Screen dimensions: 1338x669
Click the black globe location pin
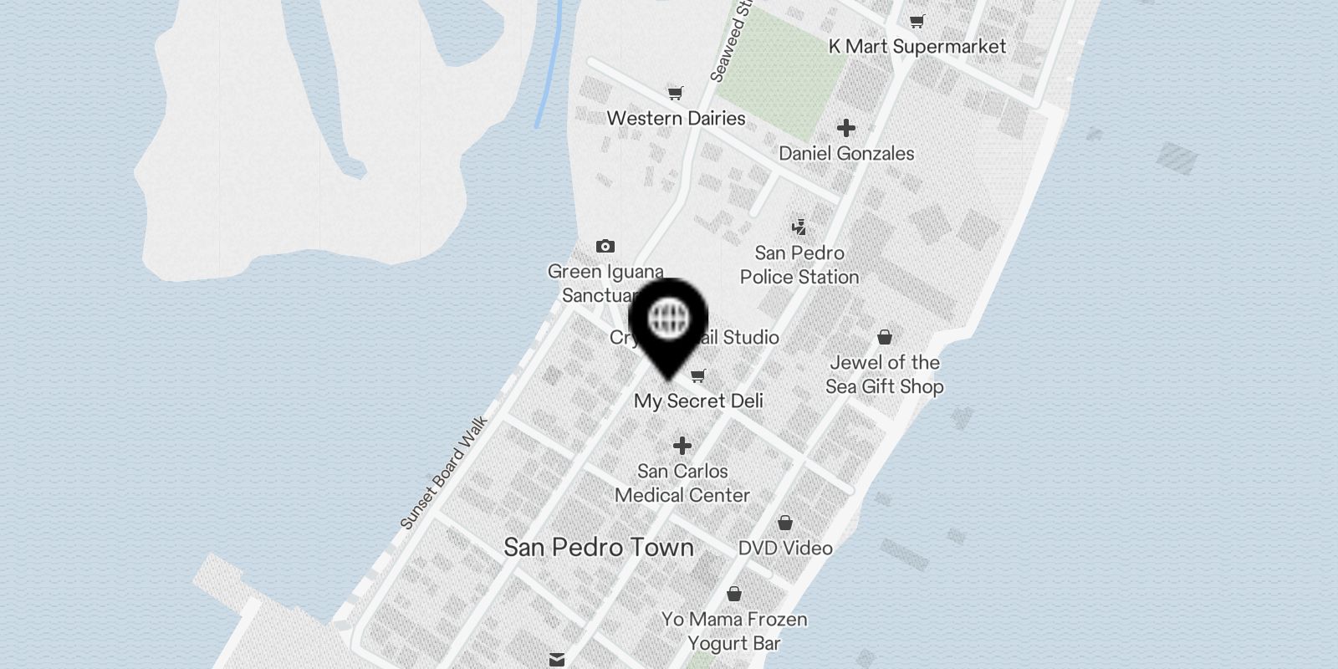point(668,322)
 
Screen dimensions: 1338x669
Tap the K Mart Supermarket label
point(917,47)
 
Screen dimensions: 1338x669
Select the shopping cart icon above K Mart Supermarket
point(917,21)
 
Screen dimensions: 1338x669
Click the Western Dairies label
point(676,118)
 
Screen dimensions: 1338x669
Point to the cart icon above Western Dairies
point(676,93)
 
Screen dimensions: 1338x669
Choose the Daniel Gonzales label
point(846,154)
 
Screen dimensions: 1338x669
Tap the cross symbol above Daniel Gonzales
point(846,128)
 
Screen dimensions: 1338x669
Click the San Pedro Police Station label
point(799,265)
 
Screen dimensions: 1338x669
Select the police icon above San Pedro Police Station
point(799,227)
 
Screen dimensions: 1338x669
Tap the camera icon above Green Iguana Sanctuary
point(605,246)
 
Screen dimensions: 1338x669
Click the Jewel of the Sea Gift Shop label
point(885,375)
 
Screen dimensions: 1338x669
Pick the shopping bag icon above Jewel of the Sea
point(885,337)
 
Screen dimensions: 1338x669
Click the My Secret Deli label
point(698,401)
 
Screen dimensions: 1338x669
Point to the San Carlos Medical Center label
point(682,483)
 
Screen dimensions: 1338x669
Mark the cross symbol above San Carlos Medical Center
point(682,446)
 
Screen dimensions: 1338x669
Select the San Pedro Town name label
point(599,548)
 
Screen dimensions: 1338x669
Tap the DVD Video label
point(785,549)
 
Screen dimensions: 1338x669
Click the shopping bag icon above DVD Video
point(785,523)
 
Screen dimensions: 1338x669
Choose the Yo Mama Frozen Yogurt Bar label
point(734,631)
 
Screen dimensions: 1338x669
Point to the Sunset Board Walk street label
point(443,473)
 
